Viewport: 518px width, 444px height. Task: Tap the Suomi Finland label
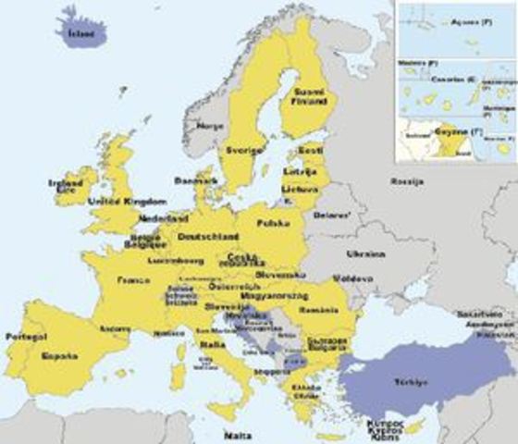308,98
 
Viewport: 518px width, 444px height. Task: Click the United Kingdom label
127,201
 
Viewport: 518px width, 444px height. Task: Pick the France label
136,278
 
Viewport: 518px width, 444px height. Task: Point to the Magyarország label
277,294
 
